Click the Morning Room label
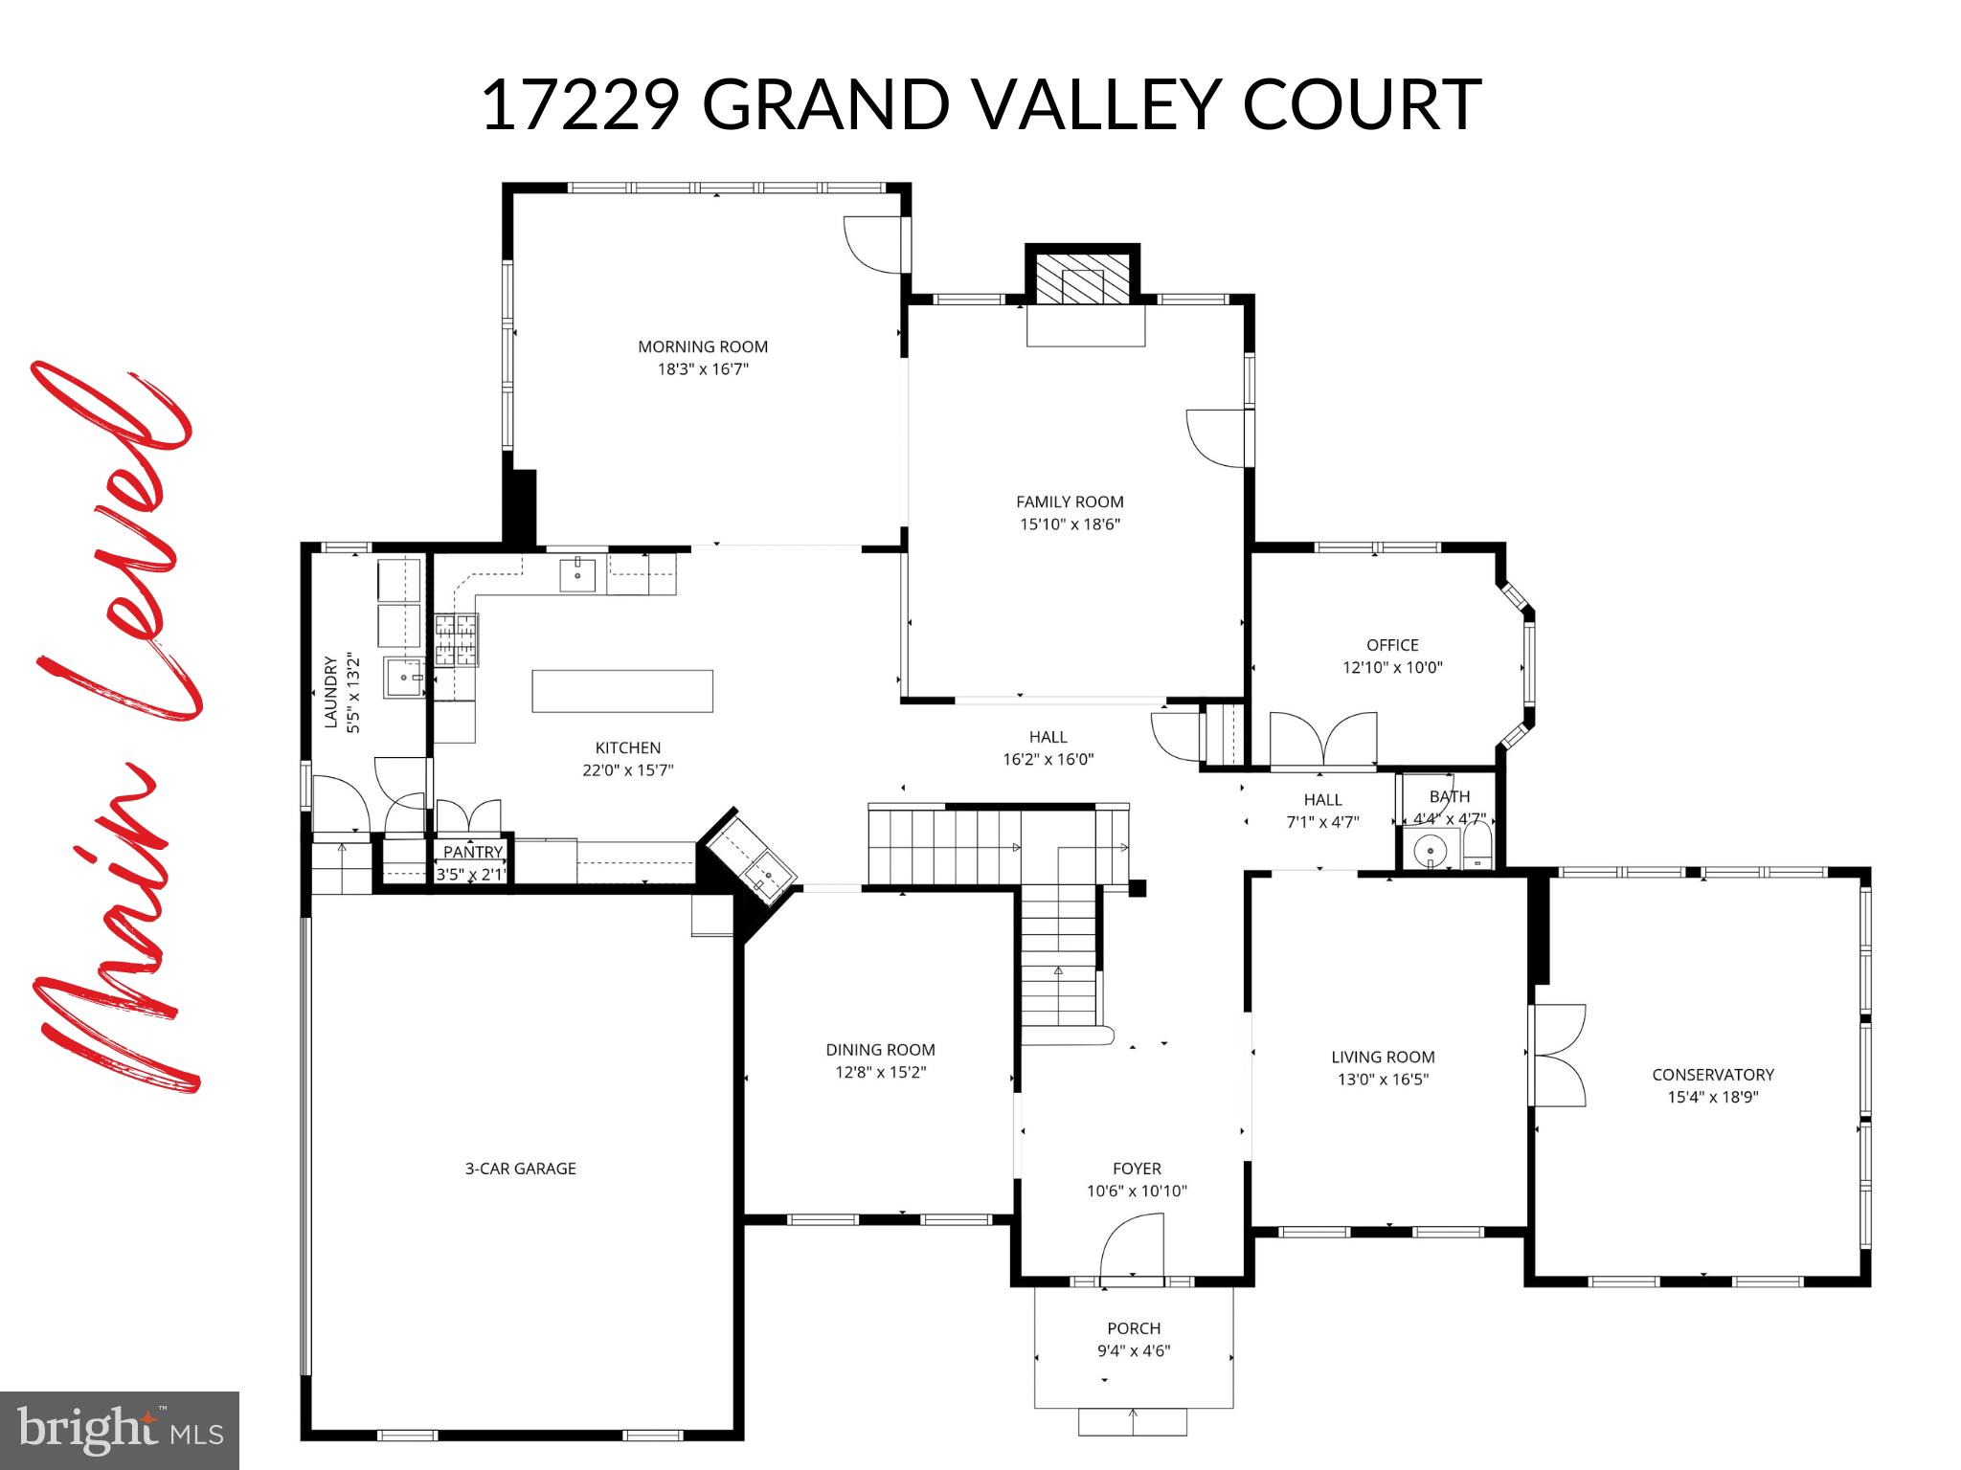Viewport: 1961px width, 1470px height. pyautogui.click(x=703, y=346)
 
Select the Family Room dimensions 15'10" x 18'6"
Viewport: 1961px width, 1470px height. pyautogui.click(x=1070, y=524)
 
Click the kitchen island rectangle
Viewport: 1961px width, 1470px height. pyautogui.click(x=622, y=691)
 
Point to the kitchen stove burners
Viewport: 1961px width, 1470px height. pyautogui.click(x=456, y=639)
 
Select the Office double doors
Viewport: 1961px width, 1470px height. pyautogui.click(x=1323, y=743)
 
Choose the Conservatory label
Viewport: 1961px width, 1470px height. pyautogui.click(x=1712, y=1075)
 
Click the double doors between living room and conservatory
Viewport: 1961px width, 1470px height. pyautogui.click(x=1558, y=1056)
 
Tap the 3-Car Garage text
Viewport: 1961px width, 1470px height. pyautogui.click(x=520, y=1169)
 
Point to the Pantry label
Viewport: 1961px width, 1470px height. pyautogui.click(x=472, y=852)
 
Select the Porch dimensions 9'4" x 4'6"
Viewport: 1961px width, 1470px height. pyautogui.click(x=1134, y=1351)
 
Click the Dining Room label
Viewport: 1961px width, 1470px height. pyautogui.click(x=880, y=1050)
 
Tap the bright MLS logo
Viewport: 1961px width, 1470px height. pyautogui.click(x=120, y=1430)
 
